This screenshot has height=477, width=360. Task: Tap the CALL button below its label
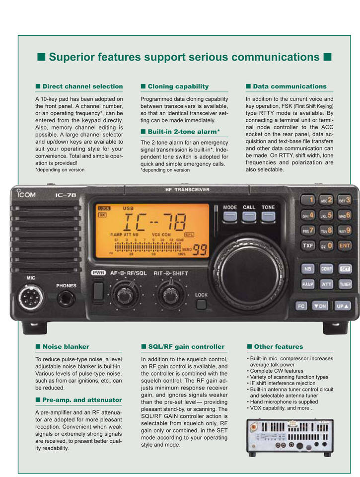coord(249,216)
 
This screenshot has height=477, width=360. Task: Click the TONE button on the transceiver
coord(268,216)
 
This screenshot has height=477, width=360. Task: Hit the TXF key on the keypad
coord(308,245)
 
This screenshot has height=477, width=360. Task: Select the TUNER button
coord(345,284)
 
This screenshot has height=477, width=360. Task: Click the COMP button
coord(326,268)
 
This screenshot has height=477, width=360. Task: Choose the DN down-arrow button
coord(319,306)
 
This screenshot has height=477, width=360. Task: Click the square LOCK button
coord(201,304)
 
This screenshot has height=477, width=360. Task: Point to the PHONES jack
coord(66,298)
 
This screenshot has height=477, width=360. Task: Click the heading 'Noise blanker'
coord(66,346)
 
